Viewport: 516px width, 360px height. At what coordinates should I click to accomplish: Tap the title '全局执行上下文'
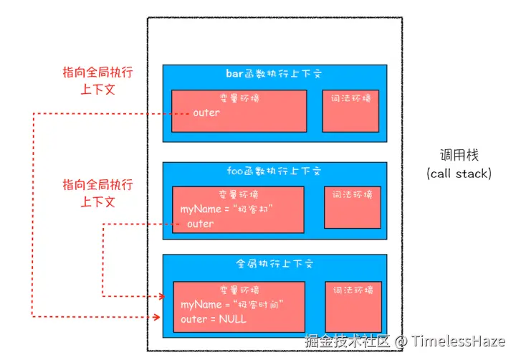coord(274,263)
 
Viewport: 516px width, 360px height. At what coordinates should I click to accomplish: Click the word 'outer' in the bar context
coord(206,113)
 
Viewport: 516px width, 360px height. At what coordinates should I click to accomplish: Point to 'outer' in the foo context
coord(200,224)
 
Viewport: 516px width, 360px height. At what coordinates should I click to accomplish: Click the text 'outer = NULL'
coord(214,319)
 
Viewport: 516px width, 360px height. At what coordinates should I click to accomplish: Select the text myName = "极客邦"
coord(228,209)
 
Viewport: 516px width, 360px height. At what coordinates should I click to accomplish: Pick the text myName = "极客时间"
coord(233,305)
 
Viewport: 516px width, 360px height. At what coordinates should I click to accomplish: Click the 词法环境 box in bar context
coord(350,111)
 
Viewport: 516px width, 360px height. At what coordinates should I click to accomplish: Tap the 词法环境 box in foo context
coord(351,207)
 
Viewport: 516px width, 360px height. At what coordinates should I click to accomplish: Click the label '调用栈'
coord(459,155)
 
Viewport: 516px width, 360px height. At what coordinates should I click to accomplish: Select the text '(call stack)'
coord(459,174)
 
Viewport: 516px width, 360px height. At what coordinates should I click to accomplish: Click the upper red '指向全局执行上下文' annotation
coord(97,81)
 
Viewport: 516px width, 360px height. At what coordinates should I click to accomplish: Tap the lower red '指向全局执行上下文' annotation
coord(97,193)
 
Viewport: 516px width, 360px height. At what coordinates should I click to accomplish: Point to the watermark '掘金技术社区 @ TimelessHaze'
coord(404,341)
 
